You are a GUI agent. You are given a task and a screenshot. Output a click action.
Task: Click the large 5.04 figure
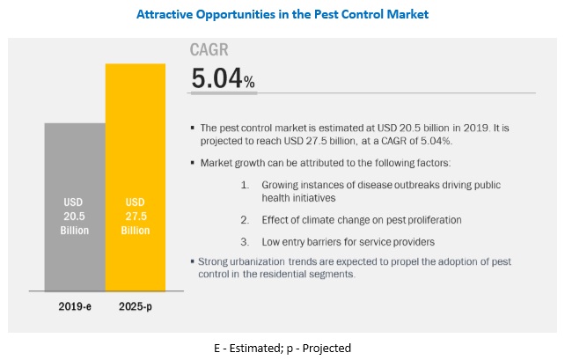pos(216,78)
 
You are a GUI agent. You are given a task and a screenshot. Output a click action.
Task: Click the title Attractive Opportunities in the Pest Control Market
pos(282,16)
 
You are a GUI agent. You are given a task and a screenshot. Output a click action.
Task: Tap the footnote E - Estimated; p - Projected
pos(282,347)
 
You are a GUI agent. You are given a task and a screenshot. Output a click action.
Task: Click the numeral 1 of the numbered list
pos(244,186)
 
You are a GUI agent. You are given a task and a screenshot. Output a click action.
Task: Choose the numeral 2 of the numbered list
pos(244,219)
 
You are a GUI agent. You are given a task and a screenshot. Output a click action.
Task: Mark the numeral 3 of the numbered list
pos(244,241)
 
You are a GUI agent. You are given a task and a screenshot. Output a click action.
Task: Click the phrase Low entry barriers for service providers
pos(348,241)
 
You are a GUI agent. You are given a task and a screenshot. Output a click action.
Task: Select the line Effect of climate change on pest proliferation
pos(361,219)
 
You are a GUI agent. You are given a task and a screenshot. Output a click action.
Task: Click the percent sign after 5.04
pos(250,83)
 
